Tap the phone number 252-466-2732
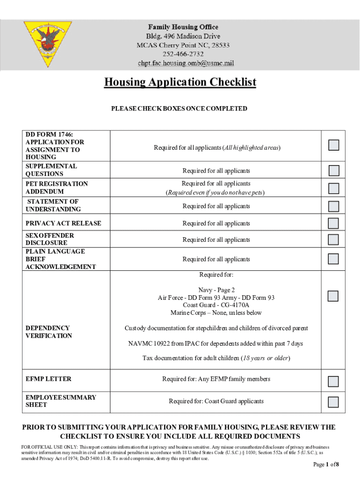coord(183,54)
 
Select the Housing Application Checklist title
coord(180,82)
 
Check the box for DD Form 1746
coord(333,145)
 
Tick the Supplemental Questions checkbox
coord(333,170)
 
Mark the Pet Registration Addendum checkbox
coord(333,188)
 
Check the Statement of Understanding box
coord(333,206)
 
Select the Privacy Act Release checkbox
coord(333,223)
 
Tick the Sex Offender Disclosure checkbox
coord(333,239)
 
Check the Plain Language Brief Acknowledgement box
coord(333,259)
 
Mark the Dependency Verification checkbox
coord(333,296)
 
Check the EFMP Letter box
coord(333,381)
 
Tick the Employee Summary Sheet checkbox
coord(333,401)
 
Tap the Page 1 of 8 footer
coord(325,464)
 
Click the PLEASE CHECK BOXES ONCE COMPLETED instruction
coord(179,109)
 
